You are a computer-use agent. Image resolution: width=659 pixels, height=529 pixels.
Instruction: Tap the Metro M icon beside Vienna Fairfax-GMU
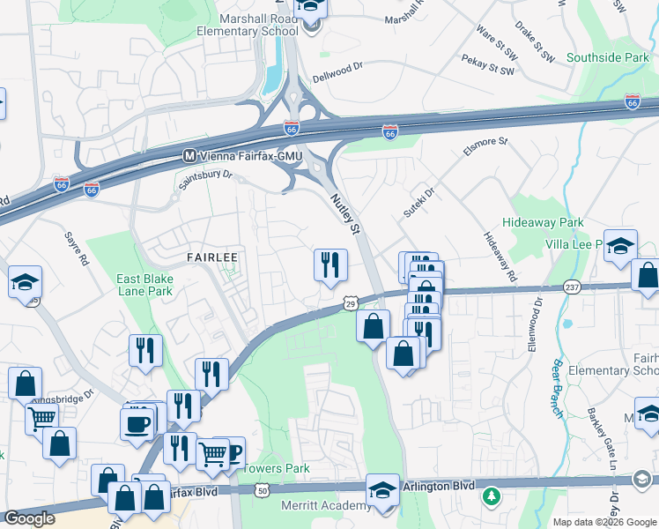(x=189, y=155)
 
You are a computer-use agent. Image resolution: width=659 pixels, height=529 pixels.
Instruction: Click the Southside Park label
(x=608, y=57)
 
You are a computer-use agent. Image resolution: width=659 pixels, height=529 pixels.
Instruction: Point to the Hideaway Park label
(x=544, y=223)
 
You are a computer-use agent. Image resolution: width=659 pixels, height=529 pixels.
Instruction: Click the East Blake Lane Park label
(x=145, y=284)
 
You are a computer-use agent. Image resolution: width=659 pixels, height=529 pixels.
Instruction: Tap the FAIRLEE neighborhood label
(x=212, y=256)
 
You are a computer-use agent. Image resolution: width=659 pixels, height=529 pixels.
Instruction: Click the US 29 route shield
(x=350, y=303)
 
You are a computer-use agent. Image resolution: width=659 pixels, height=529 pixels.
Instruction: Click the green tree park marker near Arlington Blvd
(x=491, y=499)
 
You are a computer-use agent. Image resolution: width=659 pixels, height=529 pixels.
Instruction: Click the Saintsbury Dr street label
(x=205, y=177)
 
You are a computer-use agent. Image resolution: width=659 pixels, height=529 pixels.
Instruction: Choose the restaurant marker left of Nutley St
(x=331, y=264)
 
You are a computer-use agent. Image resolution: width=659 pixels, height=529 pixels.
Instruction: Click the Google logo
(x=30, y=518)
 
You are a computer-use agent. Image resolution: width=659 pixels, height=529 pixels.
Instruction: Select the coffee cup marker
(x=136, y=423)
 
